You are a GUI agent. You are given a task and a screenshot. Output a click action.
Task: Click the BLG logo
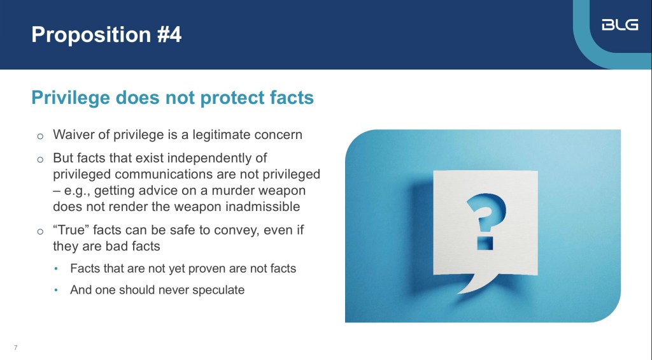620,25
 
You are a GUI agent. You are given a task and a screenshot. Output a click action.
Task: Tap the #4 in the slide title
169,34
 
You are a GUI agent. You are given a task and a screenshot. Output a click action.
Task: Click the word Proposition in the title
91,35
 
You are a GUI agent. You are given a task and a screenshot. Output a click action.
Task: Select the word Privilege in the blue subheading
71,98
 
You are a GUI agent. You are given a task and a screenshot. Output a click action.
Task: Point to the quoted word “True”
71,230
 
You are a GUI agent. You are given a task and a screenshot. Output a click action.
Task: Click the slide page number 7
16,347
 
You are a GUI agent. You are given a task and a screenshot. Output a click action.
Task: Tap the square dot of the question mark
485,243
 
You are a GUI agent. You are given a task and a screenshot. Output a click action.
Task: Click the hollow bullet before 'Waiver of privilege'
40,136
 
